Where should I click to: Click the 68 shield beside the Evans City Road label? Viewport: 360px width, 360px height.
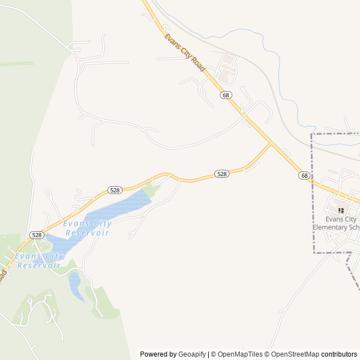point(226,95)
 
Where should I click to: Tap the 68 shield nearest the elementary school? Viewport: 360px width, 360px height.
point(304,175)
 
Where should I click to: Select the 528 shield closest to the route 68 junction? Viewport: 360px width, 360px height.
point(222,174)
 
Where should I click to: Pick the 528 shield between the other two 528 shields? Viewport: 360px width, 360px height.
point(115,190)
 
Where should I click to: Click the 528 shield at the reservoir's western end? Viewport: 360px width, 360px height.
point(37,235)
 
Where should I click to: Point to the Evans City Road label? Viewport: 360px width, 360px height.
point(184,56)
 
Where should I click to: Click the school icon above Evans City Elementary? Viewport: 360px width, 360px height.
point(340,210)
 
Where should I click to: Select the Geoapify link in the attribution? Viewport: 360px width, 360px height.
point(192,354)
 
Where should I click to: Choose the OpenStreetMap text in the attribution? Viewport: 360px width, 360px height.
point(295,354)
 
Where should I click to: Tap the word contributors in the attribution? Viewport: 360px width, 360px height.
point(339,354)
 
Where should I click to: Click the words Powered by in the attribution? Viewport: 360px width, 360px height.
point(157,354)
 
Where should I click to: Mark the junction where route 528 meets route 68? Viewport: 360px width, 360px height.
point(271,145)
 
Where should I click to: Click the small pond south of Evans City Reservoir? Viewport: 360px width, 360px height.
point(75,284)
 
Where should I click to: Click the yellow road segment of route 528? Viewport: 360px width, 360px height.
point(191,180)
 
